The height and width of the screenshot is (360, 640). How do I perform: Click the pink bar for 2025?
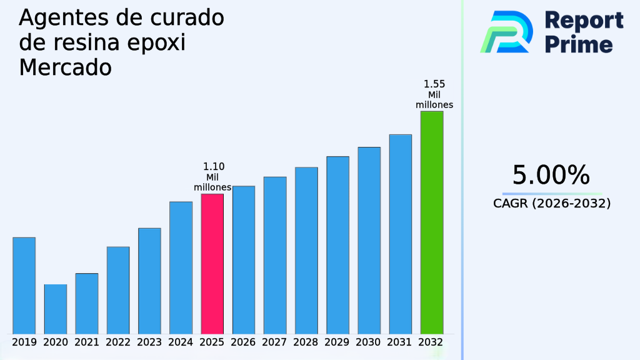tap(212, 263)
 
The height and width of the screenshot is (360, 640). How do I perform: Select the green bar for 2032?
tap(431, 222)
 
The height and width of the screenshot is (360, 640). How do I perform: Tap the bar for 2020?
tap(55, 309)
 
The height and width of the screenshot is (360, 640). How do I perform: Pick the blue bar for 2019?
tap(24, 285)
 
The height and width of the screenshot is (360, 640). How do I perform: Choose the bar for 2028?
tap(306, 250)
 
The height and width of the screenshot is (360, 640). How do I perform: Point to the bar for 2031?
tap(400, 234)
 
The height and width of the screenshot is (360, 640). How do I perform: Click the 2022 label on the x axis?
tap(118, 342)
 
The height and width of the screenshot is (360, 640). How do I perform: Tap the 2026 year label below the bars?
tap(243, 342)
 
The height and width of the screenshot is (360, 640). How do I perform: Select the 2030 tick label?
tap(369, 342)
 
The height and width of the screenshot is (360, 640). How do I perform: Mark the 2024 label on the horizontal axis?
tap(181, 342)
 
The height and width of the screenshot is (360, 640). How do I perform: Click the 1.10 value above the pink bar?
tap(214, 167)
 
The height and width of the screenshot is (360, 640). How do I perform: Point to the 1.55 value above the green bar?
tap(434, 84)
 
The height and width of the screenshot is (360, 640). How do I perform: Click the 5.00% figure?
tap(551, 175)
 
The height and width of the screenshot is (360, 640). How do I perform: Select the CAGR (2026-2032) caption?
tap(552, 203)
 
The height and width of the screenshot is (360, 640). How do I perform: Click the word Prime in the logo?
tap(579, 44)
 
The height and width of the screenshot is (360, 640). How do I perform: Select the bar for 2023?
tap(149, 281)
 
